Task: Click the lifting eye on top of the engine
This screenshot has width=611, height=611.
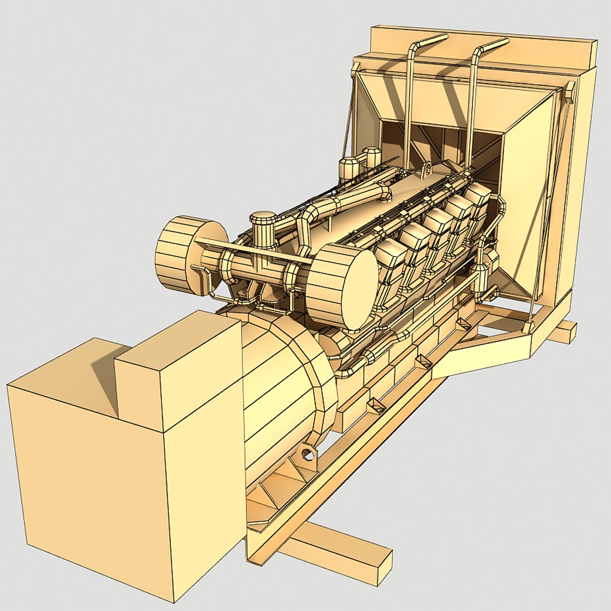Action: (427, 169)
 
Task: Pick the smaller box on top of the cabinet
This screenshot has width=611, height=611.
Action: (181, 368)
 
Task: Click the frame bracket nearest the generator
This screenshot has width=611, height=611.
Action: (375, 406)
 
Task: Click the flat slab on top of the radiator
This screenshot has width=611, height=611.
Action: (481, 42)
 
